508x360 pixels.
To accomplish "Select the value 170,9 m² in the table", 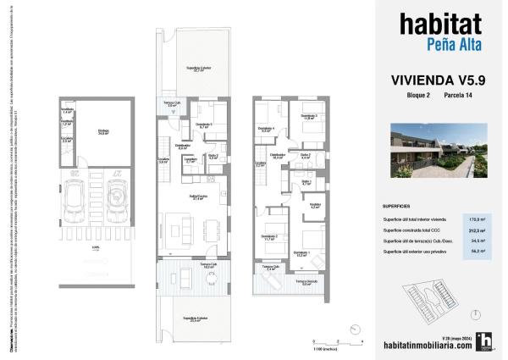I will tap(477, 219).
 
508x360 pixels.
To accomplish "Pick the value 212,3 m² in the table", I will tap(477, 230).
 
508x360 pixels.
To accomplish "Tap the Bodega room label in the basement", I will tap(104, 130).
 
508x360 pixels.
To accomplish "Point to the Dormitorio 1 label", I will tap(301, 252).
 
